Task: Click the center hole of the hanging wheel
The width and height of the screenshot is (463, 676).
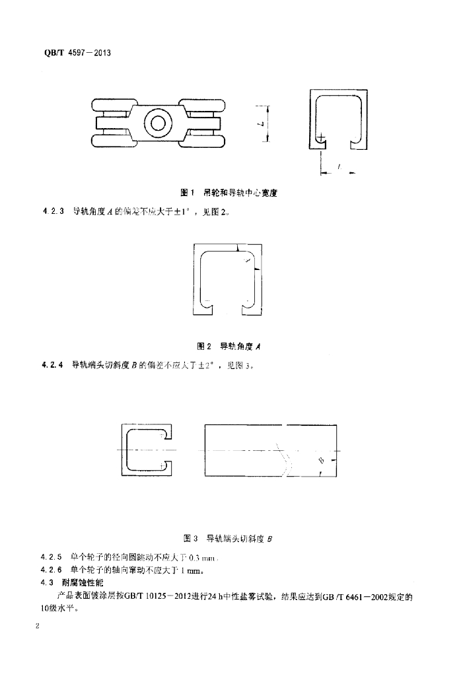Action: [x=159, y=123]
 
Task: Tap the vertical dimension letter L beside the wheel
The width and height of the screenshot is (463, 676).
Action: [x=262, y=123]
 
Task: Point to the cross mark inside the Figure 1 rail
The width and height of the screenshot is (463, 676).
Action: [x=321, y=139]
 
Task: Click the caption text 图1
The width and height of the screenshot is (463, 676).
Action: [x=186, y=193]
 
